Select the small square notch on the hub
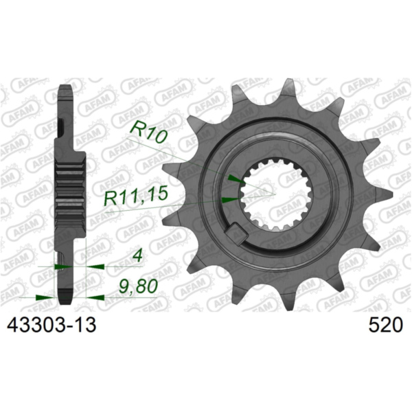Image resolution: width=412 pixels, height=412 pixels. pyautogui.click(x=237, y=233)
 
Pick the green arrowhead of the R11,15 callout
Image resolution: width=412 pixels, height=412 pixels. pyautogui.click(x=230, y=198)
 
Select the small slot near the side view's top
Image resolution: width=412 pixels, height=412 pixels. pyautogui.click(x=62, y=128)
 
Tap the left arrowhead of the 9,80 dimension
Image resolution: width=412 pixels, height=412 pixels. pyautogui.click(x=45, y=297)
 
